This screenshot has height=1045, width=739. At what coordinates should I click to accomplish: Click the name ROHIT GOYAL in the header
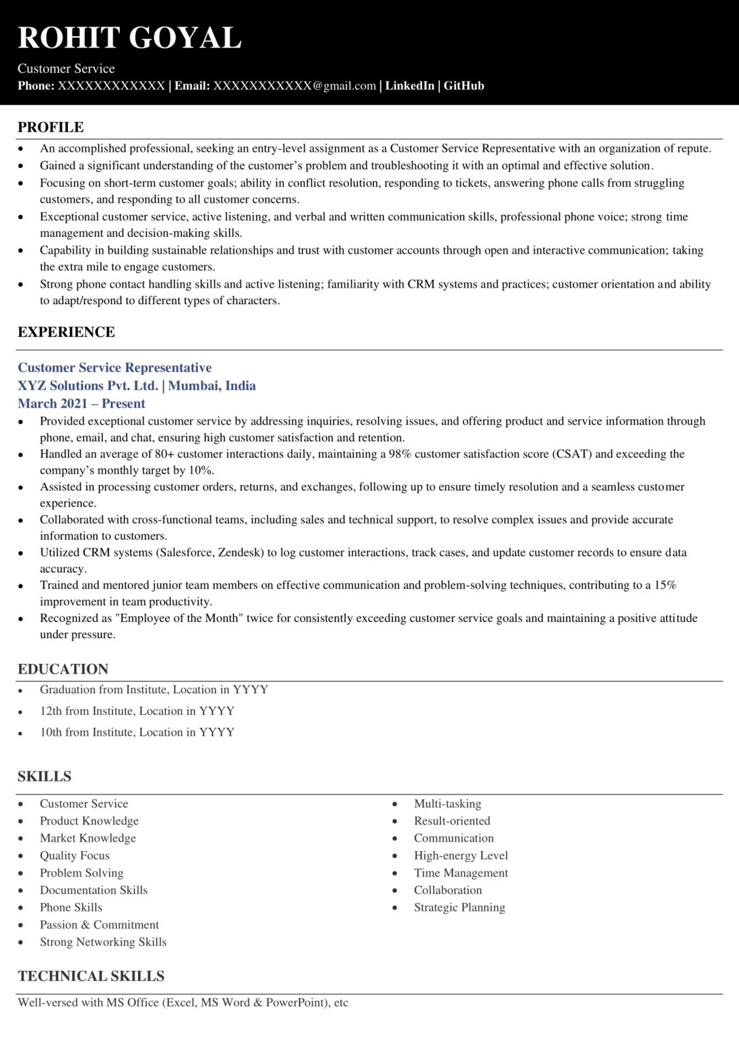[x=129, y=38]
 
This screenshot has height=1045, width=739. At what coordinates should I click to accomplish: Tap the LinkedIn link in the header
[x=410, y=86]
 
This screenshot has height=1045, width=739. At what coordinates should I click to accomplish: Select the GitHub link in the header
[x=464, y=86]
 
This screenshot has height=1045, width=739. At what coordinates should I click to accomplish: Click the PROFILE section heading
[x=50, y=127]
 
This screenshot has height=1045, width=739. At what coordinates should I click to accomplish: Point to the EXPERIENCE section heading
[x=66, y=332]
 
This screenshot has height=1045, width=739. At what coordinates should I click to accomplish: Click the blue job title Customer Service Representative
[x=114, y=368]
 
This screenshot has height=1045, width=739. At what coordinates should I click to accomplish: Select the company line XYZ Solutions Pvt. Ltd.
[x=88, y=386]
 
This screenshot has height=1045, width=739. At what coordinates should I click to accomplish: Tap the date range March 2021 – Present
[x=81, y=403]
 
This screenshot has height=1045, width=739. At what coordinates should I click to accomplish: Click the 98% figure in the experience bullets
[x=399, y=454]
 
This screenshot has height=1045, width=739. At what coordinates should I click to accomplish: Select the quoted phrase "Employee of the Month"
[x=179, y=618]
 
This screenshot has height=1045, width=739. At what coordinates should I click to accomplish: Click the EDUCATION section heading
[x=63, y=669]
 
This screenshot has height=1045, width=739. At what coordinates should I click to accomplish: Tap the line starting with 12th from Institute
[x=137, y=711]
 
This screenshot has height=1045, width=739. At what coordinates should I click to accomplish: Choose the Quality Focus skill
[x=74, y=855]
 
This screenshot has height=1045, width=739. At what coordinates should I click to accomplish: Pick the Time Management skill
[x=461, y=873]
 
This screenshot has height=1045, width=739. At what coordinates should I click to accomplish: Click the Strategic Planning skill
[x=459, y=908]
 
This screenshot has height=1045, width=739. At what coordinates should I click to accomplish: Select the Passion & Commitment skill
[x=99, y=925]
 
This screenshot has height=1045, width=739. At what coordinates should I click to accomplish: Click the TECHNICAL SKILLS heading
[x=91, y=976]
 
